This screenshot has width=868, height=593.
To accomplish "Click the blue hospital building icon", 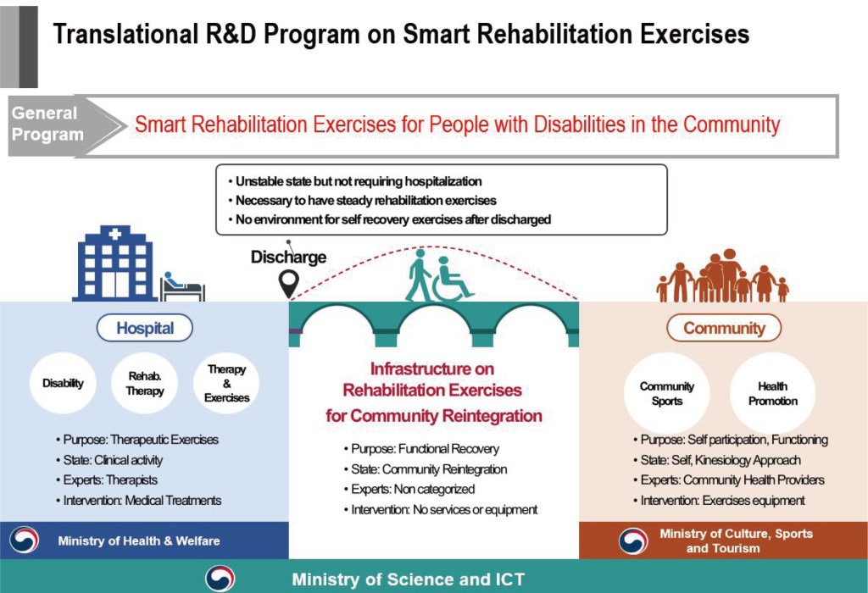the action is tap(114, 263).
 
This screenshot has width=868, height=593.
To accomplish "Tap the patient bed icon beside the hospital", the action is tap(183, 286).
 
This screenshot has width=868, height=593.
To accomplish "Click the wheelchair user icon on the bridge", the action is tap(451, 280).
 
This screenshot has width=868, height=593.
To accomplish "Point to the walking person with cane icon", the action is tap(418, 275).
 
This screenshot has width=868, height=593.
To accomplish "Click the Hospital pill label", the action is tap(145, 328).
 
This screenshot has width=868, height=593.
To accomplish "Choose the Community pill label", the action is tap(724, 328).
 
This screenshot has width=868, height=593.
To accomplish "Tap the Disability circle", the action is tap(63, 383).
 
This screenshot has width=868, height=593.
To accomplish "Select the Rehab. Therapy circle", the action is tap(145, 383).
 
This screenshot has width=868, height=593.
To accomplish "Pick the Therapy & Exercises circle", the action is tap(226, 383).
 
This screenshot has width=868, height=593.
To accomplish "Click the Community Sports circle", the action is tap(666, 393).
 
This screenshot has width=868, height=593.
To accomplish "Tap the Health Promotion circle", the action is tap(773, 393).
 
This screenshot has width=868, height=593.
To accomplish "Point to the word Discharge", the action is tap(288, 258).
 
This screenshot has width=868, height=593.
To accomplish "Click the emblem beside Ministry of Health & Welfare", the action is tap(25, 540).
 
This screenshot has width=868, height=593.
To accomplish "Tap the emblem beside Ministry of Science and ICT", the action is tap(220, 578).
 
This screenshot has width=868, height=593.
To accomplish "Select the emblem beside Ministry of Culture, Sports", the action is tap(633, 540).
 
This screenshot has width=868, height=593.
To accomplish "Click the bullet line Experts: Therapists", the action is tap(107, 480).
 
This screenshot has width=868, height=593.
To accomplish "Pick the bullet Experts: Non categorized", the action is tap(409, 489).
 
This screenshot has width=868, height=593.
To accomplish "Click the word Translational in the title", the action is tap(125, 34).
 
